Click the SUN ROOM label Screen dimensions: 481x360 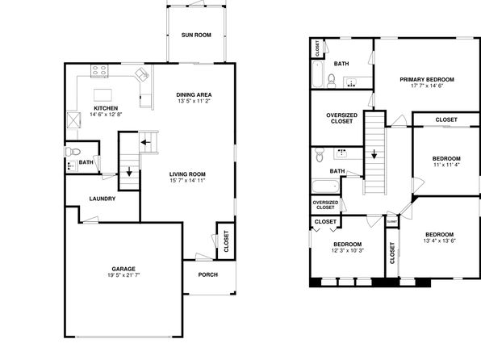196,35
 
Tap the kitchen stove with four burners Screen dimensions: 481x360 100,70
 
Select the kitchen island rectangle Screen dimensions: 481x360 102,95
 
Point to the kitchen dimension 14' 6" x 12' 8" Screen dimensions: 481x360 107,115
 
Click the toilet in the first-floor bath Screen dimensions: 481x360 73,151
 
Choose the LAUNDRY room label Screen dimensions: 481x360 102,199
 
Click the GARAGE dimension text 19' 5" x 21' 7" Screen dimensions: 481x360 123,275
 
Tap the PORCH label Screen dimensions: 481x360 208,274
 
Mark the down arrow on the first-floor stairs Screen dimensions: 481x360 129,171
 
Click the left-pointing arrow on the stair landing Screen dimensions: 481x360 146,142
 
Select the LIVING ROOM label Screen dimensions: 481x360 187,174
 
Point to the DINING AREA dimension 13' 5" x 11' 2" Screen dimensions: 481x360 194,101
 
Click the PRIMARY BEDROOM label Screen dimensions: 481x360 427,79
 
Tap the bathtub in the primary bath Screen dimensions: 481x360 317,74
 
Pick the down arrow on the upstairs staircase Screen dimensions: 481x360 374,154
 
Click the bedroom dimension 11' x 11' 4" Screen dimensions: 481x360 446,165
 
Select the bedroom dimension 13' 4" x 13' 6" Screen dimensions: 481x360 440,241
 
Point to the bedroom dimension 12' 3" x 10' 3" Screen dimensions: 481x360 348,250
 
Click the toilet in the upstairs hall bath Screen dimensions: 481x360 320,155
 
